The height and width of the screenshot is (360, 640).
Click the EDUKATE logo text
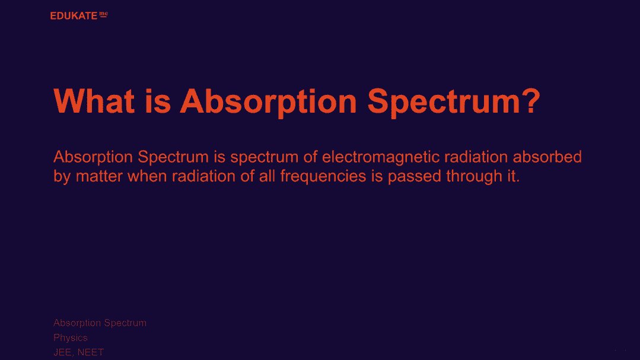pos(74,16)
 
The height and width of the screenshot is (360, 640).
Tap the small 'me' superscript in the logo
pos(104,15)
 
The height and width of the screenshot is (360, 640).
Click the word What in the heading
pos(94,101)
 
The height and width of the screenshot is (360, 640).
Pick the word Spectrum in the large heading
pos(442,101)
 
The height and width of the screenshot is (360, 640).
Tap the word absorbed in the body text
pos(547,157)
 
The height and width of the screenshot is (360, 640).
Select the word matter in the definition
pos(99,176)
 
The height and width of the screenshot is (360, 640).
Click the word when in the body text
pos(147,176)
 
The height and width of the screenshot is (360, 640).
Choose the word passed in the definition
pos(414,177)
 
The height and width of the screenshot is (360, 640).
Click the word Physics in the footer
pos(71,338)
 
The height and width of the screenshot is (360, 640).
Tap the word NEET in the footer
pos(91,352)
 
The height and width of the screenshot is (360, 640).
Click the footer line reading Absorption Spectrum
pos(100,323)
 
